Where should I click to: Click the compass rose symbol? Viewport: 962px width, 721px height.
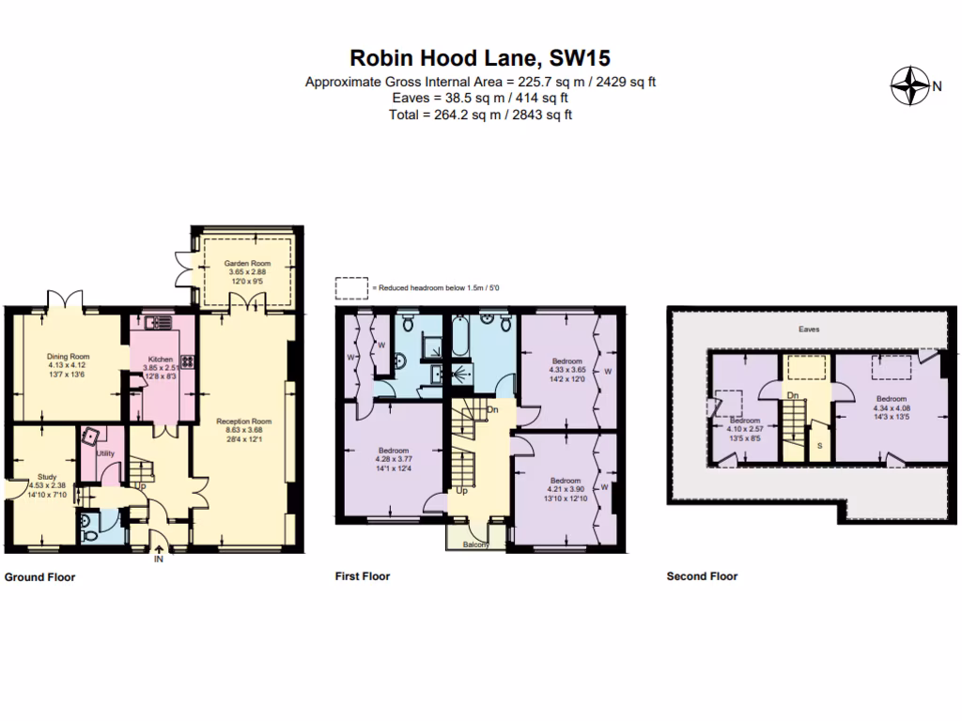pyautogui.click(x=908, y=87)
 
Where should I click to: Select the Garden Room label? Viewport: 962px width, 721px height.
pyautogui.click(x=248, y=264)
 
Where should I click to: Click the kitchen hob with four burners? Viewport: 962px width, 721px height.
pyautogui.click(x=185, y=360)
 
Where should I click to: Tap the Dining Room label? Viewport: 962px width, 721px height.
pyautogui.click(x=68, y=356)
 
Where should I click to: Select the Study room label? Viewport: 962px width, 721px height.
pyautogui.click(x=47, y=477)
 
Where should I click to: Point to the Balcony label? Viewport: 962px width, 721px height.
pyautogui.click(x=476, y=544)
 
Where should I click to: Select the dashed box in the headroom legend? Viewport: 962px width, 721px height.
pyautogui.click(x=352, y=286)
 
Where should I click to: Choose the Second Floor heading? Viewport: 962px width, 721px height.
pyautogui.click(x=702, y=576)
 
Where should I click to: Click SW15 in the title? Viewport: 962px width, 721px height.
pyautogui.click(x=576, y=59)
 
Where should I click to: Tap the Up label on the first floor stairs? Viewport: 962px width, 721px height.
pyautogui.click(x=461, y=490)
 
